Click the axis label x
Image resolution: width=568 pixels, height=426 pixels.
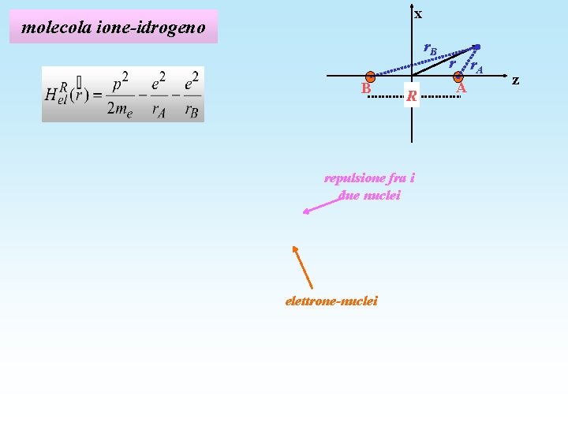pyautogui.click(x=418, y=14)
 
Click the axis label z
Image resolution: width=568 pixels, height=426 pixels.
pyautogui.click(x=515, y=80)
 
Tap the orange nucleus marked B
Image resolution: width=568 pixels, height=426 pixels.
pyautogui.click(x=370, y=77)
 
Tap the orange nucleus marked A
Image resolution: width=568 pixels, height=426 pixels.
pyautogui.click(x=458, y=77)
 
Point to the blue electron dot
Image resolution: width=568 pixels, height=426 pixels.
pyautogui.click(x=476, y=47)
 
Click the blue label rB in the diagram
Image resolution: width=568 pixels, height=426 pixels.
pyautogui.click(x=430, y=49)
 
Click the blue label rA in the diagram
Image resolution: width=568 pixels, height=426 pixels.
pyautogui.click(x=476, y=67)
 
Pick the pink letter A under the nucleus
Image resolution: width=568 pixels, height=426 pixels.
pyautogui.click(x=462, y=88)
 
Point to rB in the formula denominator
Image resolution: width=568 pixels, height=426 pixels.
pyautogui.click(x=190, y=110)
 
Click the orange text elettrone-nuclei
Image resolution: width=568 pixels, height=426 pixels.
pyautogui.click(x=331, y=301)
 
